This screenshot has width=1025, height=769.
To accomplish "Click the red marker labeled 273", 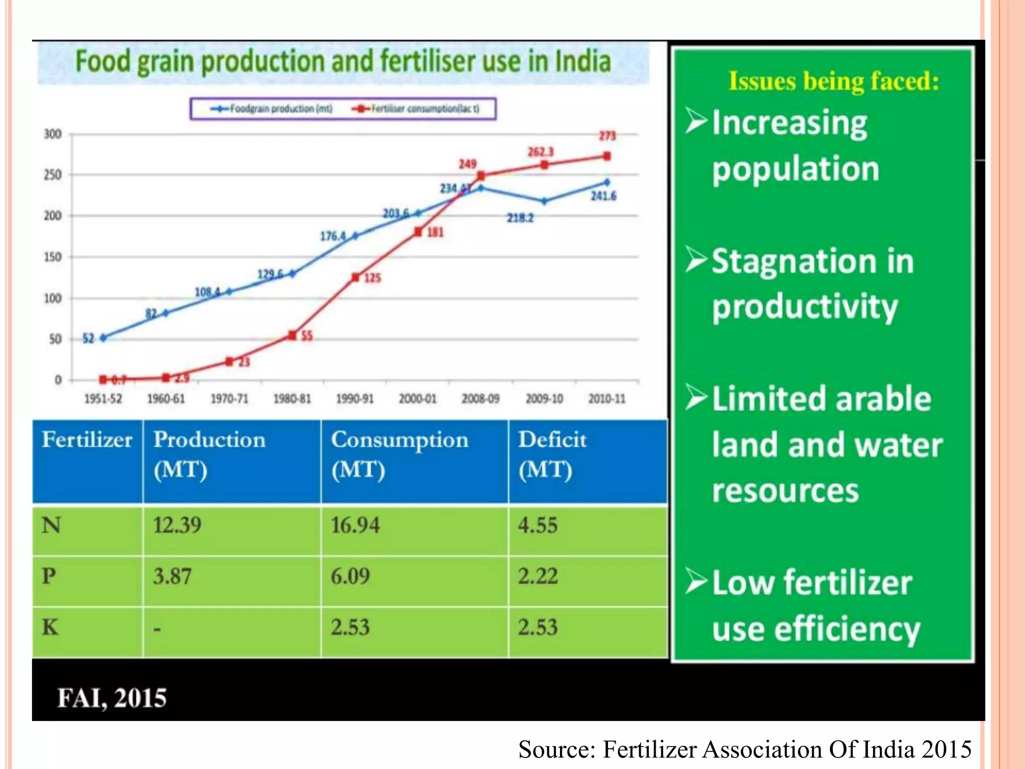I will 607,156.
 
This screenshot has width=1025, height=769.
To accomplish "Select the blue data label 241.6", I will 603,196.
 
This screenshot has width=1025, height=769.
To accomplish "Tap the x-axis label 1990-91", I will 354,399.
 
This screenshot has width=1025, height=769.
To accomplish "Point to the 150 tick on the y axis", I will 53,257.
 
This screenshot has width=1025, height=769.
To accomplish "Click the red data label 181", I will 435,232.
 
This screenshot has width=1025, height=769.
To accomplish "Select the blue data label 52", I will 88,339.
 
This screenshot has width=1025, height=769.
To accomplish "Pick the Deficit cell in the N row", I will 538,526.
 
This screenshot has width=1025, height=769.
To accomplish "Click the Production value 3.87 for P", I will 172,576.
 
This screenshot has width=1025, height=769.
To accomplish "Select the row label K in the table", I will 50,627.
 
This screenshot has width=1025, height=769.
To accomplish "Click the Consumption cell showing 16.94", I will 355,526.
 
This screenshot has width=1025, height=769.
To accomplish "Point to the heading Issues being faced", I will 833,81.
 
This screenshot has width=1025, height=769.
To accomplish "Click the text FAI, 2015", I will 112,698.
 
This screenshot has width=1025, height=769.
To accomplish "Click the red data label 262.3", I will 541,152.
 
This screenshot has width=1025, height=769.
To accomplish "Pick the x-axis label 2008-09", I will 480,399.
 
